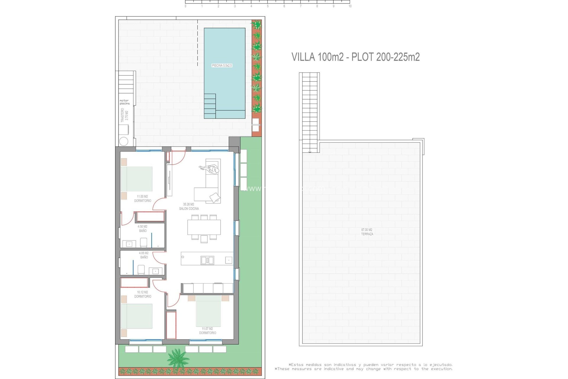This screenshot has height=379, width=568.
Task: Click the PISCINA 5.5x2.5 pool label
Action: coord(222,65)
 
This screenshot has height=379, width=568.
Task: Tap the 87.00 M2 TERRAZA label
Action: coord(367,232)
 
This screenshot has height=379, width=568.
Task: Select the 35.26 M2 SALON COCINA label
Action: coord(189,206)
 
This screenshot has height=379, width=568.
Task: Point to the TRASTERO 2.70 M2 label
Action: coord(125,115)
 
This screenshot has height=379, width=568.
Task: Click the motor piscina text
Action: coord(125,102)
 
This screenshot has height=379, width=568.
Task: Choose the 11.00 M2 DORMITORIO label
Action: coord(143,199)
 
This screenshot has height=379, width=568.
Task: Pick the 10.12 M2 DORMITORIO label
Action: coord(143,294)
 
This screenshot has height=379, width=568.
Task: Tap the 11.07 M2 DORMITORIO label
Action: coord(207,331)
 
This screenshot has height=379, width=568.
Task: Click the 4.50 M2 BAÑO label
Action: coord(143,229)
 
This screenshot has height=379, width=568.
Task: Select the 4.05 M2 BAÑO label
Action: coord(144,255)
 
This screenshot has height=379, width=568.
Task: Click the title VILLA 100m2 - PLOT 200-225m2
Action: coord(355,57)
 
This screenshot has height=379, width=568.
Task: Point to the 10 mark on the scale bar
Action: coord(350,6)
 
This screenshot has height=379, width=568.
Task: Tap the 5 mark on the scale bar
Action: coord(268,6)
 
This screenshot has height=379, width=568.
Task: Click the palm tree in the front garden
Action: coord(177,358)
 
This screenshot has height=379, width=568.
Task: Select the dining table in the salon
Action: coord(204,227)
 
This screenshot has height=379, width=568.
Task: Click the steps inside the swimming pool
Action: coord(210,106)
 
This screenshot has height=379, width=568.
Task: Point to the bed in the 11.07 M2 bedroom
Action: coord(208,311)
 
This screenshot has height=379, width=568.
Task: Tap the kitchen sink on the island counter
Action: coord(207,260)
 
